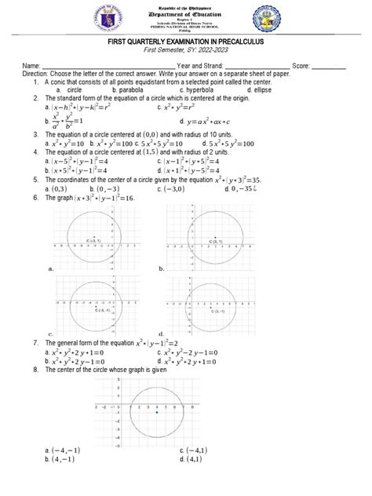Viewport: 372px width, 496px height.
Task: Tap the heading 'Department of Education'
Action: (x=186, y=16)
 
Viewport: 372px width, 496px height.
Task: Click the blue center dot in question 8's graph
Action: (x=157, y=412)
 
